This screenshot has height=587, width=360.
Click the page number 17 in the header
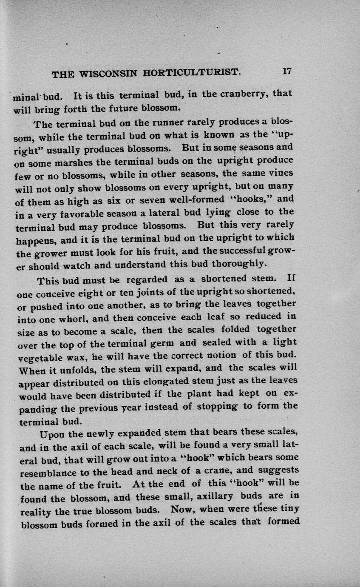point(286,71)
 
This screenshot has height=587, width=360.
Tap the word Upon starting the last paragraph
point(50,436)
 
